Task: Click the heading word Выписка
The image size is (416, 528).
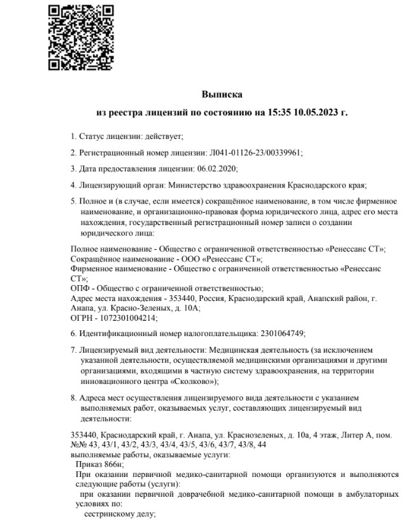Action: click(222, 94)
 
